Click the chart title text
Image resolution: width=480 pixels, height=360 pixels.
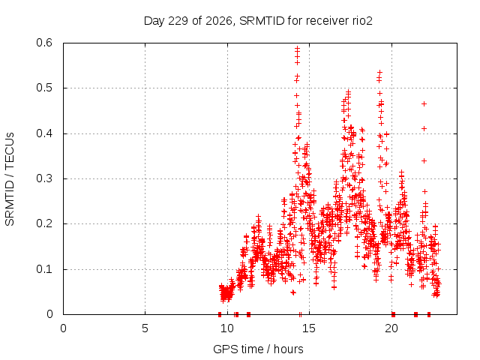[258, 21]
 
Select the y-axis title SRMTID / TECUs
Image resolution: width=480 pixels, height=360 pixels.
[10, 179]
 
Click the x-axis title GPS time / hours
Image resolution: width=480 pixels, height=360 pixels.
[258, 349]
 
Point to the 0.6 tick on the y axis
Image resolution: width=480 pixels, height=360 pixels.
[44, 43]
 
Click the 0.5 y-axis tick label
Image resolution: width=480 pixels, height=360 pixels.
[44, 88]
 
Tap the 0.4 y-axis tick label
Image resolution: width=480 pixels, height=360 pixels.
[44, 133]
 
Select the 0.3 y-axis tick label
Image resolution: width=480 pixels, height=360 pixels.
[44, 178]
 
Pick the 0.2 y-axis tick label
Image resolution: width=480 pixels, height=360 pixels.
[44, 223]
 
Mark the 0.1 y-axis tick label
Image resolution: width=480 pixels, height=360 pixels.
[44, 269]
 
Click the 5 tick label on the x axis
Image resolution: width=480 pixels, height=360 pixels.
[145, 328]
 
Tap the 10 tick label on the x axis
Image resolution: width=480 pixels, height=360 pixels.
[227, 328]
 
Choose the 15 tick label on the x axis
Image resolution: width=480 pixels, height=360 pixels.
[309, 328]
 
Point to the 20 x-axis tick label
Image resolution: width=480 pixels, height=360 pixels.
[391, 328]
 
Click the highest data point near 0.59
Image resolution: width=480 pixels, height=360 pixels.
[297, 48]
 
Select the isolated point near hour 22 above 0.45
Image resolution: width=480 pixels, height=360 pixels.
[424, 103]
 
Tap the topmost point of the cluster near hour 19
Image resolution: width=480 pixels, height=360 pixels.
[379, 72]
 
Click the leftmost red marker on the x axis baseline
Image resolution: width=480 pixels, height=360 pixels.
[220, 314]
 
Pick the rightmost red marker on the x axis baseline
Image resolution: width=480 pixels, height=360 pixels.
[429, 314]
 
